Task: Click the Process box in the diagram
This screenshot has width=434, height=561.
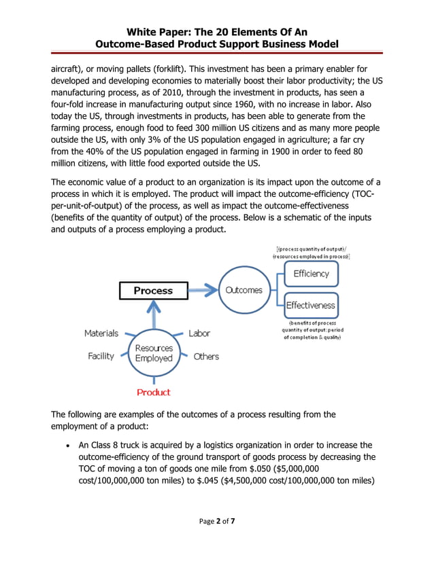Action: pos(153,291)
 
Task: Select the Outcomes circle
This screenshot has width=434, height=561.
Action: pos(243,290)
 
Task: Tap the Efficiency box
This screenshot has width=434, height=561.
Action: pos(310,274)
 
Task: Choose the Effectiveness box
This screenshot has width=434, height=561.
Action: pos(310,306)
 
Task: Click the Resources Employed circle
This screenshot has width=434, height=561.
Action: pos(153,352)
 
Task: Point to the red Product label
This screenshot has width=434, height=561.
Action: pos(153,392)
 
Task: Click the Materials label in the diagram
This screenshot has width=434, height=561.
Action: pos(101,333)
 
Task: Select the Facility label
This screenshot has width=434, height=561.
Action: pos(101,356)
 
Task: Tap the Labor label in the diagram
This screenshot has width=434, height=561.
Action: pos(199,333)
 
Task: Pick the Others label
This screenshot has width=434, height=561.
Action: pos(206,356)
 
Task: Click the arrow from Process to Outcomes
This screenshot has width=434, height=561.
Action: pos(203,291)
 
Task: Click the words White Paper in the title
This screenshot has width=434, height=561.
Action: pos(163,31)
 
